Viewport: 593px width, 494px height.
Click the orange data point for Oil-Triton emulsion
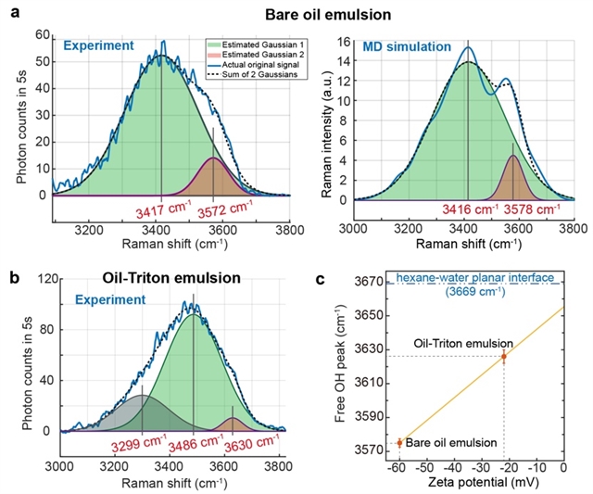point(504,357)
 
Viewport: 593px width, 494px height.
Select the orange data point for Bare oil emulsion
point(400,443)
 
